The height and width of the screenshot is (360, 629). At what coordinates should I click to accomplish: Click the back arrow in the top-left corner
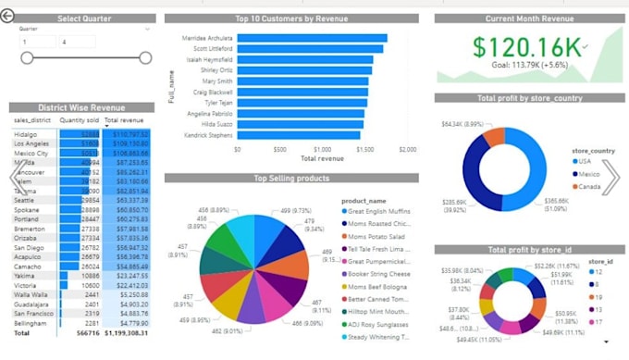(9, 17)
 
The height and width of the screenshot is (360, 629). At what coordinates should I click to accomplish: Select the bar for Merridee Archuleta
(312, 38)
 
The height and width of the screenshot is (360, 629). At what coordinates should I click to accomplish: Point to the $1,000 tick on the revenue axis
(323, 149)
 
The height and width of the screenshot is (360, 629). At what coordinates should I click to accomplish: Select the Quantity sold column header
(79, 120)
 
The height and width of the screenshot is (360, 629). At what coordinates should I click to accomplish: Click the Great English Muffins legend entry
(379, 210)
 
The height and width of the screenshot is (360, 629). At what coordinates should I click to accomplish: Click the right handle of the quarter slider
(145, 58)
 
